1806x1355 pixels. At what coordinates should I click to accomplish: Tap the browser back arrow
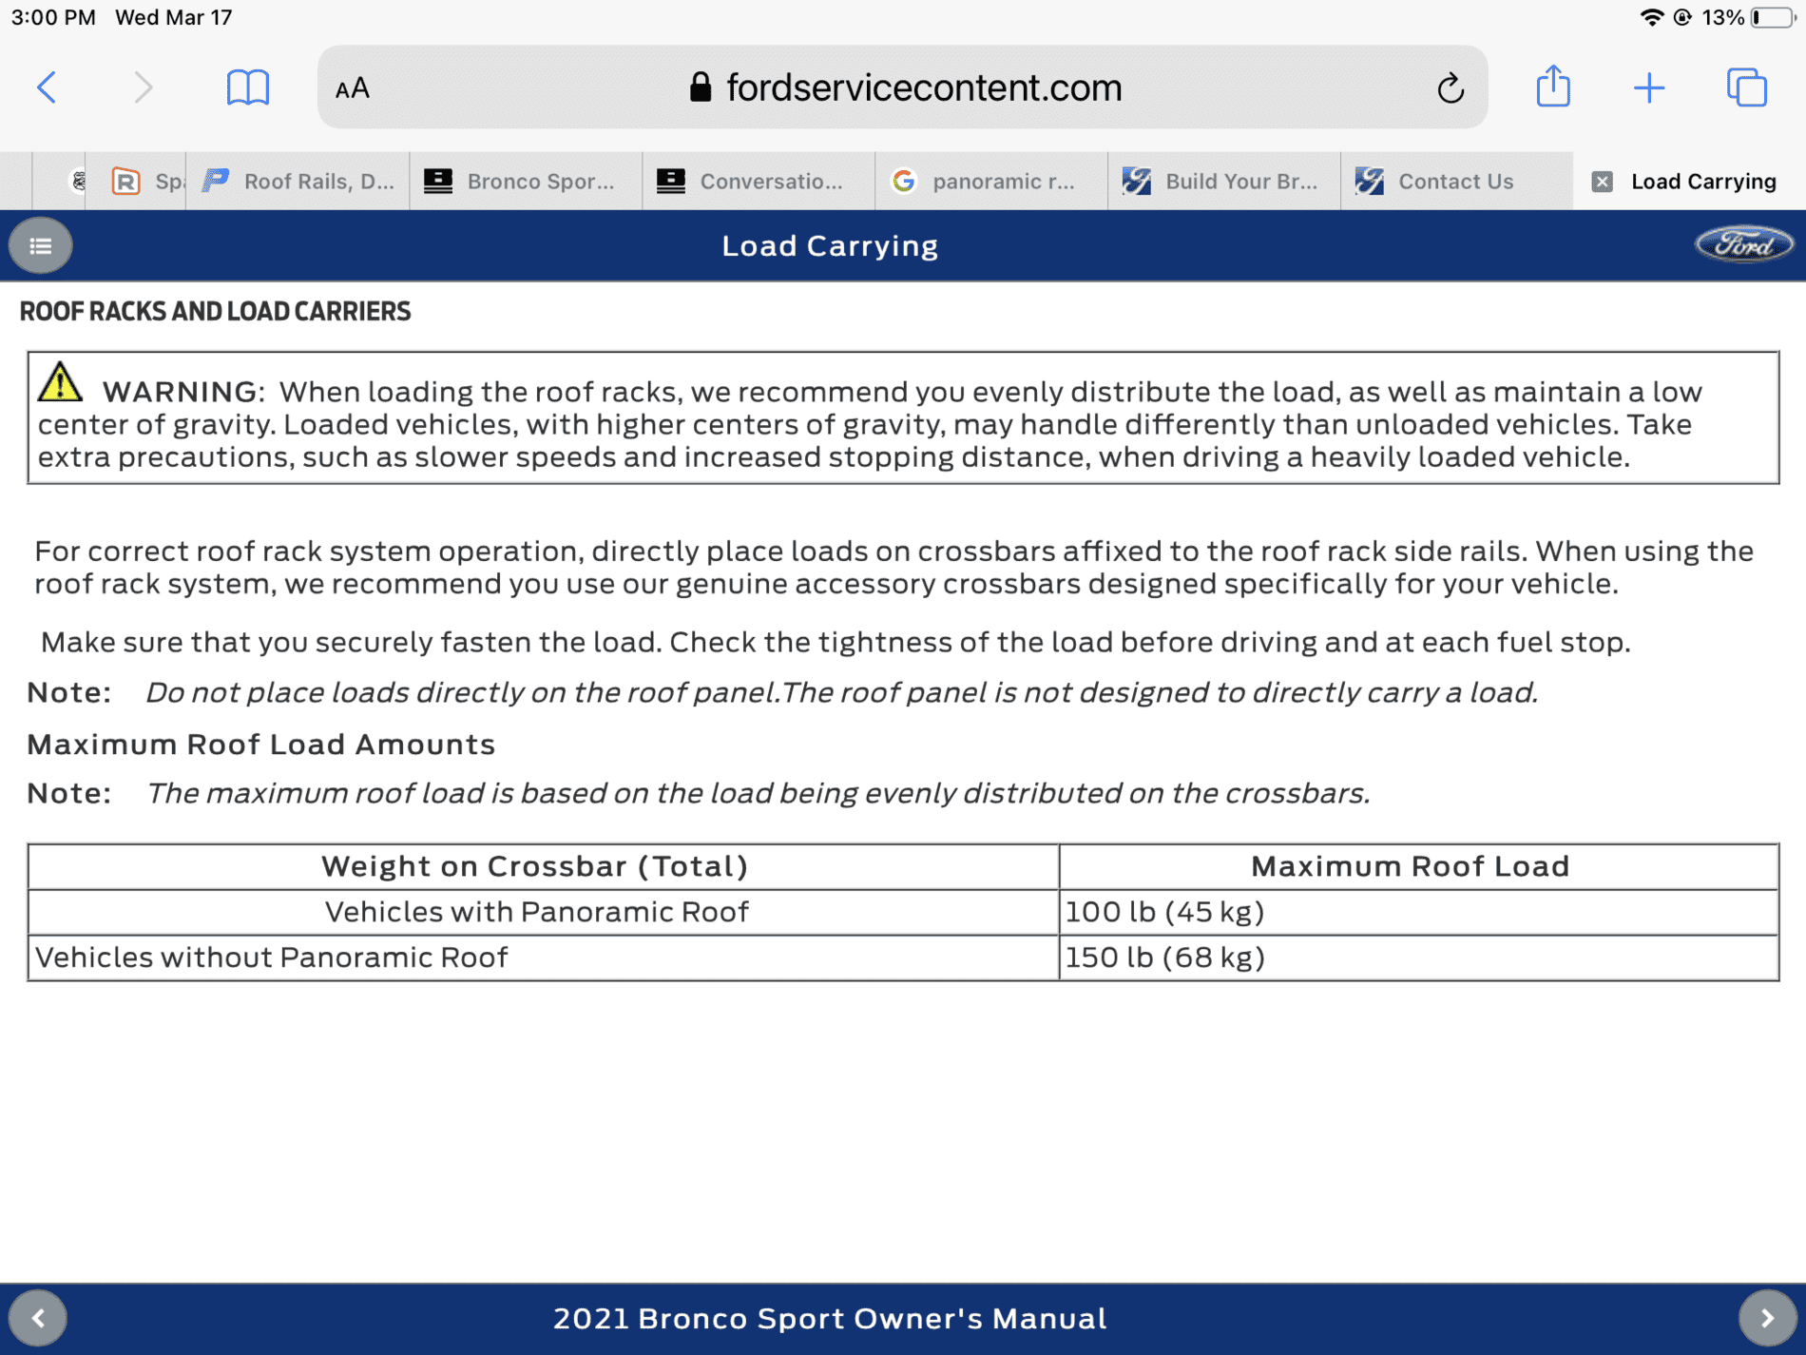pos(47,87)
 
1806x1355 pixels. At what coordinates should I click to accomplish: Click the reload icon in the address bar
pos(1450,88)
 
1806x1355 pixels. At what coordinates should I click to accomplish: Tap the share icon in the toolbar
pos(1553,87)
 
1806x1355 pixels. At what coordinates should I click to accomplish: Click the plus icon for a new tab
pos(1649,88)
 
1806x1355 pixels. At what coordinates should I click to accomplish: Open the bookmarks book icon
pos(247,87)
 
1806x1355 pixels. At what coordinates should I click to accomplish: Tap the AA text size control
pos(353,88)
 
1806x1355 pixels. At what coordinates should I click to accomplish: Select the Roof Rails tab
pos(299,181)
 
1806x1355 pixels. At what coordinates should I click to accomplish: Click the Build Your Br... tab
pos(1222,181)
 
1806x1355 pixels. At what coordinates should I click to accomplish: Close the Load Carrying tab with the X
pos(1602,182)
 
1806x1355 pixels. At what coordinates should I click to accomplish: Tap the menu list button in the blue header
pos(40,246)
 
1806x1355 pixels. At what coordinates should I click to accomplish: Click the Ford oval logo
pos(1743,245)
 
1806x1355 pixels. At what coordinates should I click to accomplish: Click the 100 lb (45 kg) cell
pos(1164,912)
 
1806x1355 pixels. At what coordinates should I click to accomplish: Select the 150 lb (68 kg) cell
pos(1164,958)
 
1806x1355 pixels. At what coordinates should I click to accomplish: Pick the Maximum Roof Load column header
pos(1410,866)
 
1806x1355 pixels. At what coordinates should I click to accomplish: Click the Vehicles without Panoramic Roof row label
pos(272,958)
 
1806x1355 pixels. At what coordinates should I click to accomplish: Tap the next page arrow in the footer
pos(1767,1318)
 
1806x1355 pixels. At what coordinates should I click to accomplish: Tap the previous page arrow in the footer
pos(38,1318)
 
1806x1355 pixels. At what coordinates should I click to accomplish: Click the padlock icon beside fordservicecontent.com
pos(701,87)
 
